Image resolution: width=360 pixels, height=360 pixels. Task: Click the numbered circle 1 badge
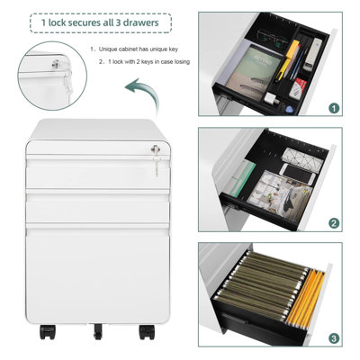(334, 108)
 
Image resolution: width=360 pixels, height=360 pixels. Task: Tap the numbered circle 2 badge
(334, 223)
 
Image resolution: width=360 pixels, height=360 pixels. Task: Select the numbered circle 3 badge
(334, 338)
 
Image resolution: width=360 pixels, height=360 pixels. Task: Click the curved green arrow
(144, 94)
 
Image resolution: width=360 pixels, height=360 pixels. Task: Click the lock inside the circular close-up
(55, 64)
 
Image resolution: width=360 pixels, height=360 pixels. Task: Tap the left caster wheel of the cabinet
(48, 331)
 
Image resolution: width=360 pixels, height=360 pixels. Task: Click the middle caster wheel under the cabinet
(97, 331)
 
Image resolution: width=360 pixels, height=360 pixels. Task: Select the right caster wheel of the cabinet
(147, 331)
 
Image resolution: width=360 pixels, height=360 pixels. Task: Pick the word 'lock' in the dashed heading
(57, 22)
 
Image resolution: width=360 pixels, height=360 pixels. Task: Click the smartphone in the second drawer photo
(297, 174)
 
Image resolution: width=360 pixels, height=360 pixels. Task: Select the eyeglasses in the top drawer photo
(272, 38)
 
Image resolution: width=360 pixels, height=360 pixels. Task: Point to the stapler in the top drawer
(312, 54)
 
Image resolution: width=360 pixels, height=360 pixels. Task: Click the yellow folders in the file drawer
(304, 299)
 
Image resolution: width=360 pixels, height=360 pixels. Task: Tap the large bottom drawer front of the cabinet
(97, 274)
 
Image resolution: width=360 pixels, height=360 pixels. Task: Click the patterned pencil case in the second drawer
(303, 158)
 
